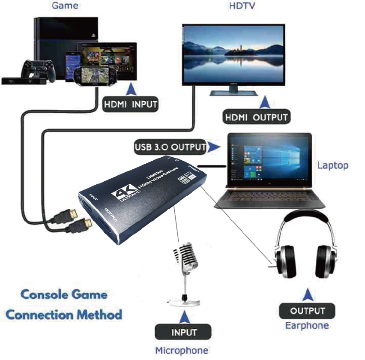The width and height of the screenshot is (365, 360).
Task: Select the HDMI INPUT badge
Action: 131,104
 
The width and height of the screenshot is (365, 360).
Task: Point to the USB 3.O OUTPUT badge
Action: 170,147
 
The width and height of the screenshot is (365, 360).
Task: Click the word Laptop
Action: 333,165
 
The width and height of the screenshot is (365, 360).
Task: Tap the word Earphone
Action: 307,325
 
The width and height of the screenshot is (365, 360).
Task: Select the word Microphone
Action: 182,351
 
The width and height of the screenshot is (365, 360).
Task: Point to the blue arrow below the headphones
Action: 307,295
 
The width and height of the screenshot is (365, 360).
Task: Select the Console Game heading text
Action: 63,294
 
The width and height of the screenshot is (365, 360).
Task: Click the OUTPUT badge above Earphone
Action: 307,311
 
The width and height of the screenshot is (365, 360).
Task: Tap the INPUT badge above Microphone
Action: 184,332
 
